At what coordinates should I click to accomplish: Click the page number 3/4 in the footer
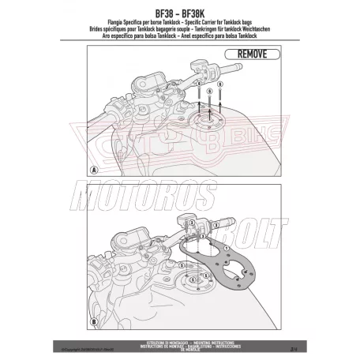coord(272,344)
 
